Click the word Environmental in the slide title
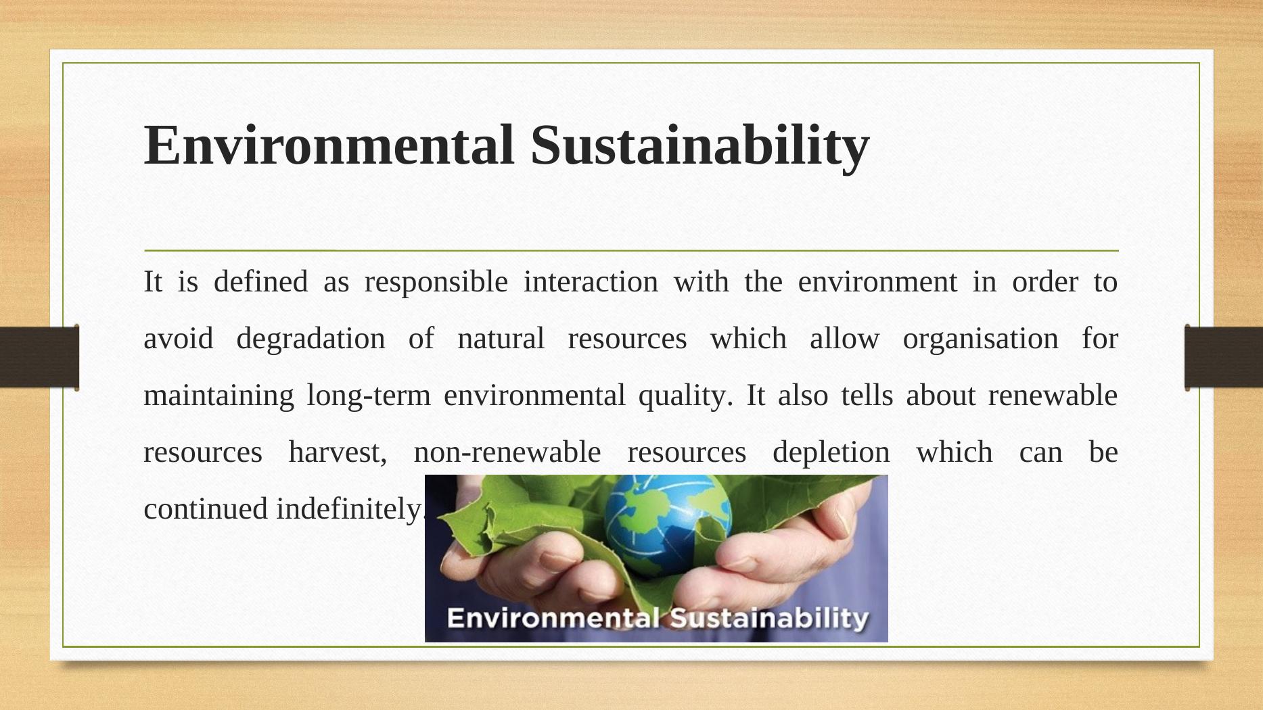pos(329,145)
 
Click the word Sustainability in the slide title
pos(699,145)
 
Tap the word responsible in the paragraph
pos(436,282)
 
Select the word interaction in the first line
pos(591,282)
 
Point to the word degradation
pos(311,339)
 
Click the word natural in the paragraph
pos(501,339)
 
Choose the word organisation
pos(980,339)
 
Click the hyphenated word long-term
pos(368,396)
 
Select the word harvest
pos(338,452)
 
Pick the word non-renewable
pos(507,452)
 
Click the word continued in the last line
pos(206,509)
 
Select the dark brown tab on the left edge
pos(39,357)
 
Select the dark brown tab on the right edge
pos(1223,357)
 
